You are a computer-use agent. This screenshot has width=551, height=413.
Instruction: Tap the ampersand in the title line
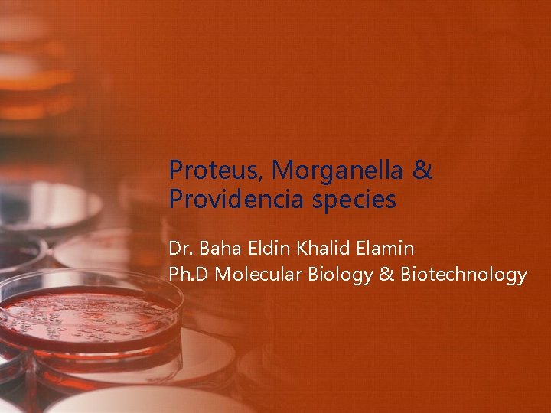[422, 170]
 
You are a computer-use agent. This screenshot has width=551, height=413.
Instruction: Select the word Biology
[340, 275]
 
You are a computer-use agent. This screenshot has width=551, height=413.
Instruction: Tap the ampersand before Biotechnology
[386, 274]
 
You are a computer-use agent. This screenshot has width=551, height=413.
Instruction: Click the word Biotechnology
[463, 275]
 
